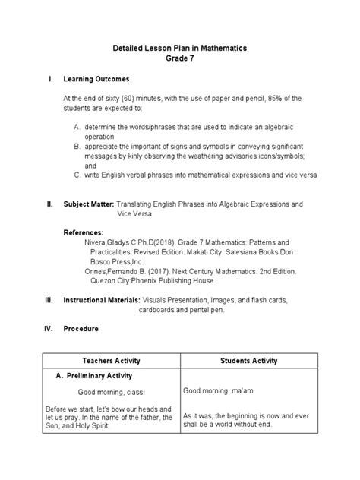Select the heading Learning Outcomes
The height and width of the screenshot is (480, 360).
point(96,79)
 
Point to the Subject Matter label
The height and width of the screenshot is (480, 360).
point(88,204)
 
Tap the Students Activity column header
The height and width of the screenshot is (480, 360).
point(248,359)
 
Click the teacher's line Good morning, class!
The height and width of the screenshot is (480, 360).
point(111,392)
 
